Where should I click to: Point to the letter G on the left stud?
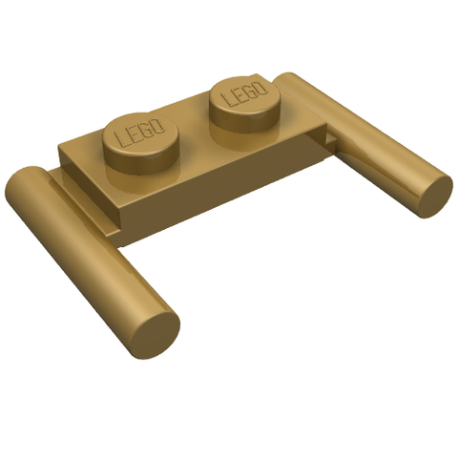point(147,130)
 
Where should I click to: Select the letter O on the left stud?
point(159,125)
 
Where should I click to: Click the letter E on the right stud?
point(239,94)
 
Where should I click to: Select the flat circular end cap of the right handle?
point(435,196)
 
